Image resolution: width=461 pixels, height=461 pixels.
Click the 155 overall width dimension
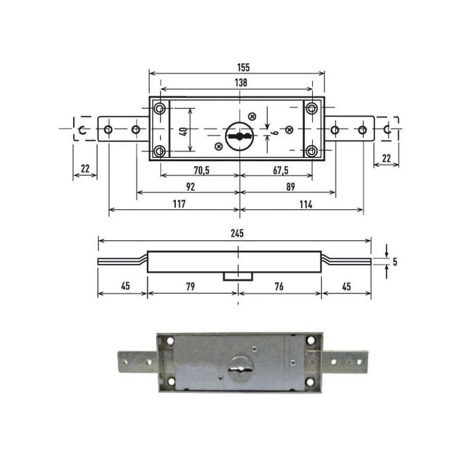(243, 67)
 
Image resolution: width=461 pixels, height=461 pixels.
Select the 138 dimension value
(241, 82)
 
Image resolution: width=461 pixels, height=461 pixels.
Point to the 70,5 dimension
(202, 170)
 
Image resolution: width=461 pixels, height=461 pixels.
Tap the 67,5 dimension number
(281, 170)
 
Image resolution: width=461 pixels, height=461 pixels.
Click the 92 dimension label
(191, 187)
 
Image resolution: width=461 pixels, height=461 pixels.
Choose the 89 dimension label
(290, 187)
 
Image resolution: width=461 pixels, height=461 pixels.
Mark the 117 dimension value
(179, 204)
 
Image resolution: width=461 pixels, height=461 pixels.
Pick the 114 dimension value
(306, 204)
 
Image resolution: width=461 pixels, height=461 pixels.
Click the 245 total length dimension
(237, 233)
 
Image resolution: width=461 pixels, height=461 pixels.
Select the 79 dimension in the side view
(191, 286)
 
